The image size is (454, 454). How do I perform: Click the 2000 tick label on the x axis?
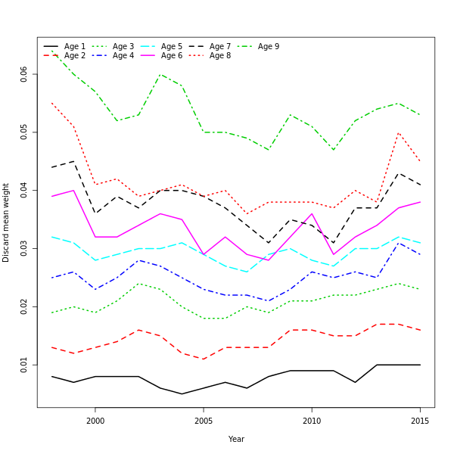point(95,421)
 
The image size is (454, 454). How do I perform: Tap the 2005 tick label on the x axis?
point(204,421)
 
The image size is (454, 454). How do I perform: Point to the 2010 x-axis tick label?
point(312,421)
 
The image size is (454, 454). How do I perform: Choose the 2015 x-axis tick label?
point(420,421)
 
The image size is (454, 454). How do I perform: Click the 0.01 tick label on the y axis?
point(24,365)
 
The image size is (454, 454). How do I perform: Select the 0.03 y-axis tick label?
point(24,248)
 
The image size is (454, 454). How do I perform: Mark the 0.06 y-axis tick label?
point(24,74)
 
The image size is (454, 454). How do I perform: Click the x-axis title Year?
point(236,439)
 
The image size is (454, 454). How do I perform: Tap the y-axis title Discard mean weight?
point(6,222)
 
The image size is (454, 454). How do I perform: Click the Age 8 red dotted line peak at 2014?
point(399,132)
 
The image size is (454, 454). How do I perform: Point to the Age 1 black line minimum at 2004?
point(182,393)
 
